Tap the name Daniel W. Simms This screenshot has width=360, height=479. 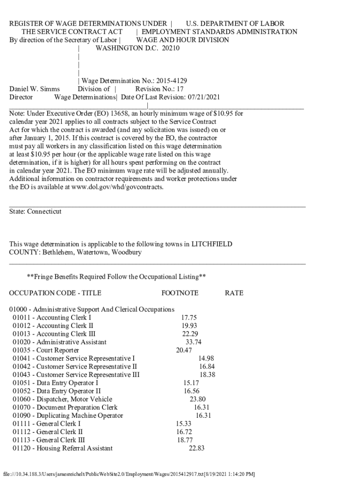(x=35, y=89)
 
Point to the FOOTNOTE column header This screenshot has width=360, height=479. (x=180, y=293)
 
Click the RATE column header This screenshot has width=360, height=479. (x=234, y=293)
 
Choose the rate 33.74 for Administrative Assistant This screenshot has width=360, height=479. (x=194, y=342)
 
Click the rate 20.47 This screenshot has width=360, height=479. (x=184, y=350)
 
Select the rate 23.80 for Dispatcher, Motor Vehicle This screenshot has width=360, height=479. (x=197, y=399)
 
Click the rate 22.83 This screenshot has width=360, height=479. (x=196, y=448)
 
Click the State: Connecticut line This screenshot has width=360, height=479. (x=36, y=211)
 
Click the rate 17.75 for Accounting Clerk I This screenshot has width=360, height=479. (x=188, y=318)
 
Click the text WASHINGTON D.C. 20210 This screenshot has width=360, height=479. (x=137, y=48)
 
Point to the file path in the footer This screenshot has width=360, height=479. (x=129, y=473)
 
